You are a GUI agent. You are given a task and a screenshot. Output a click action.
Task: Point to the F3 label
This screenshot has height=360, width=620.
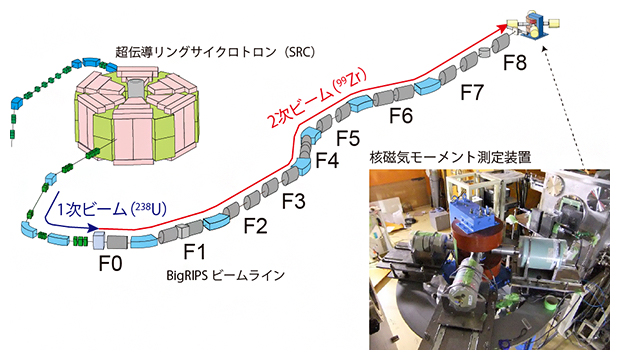point(294,202)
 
